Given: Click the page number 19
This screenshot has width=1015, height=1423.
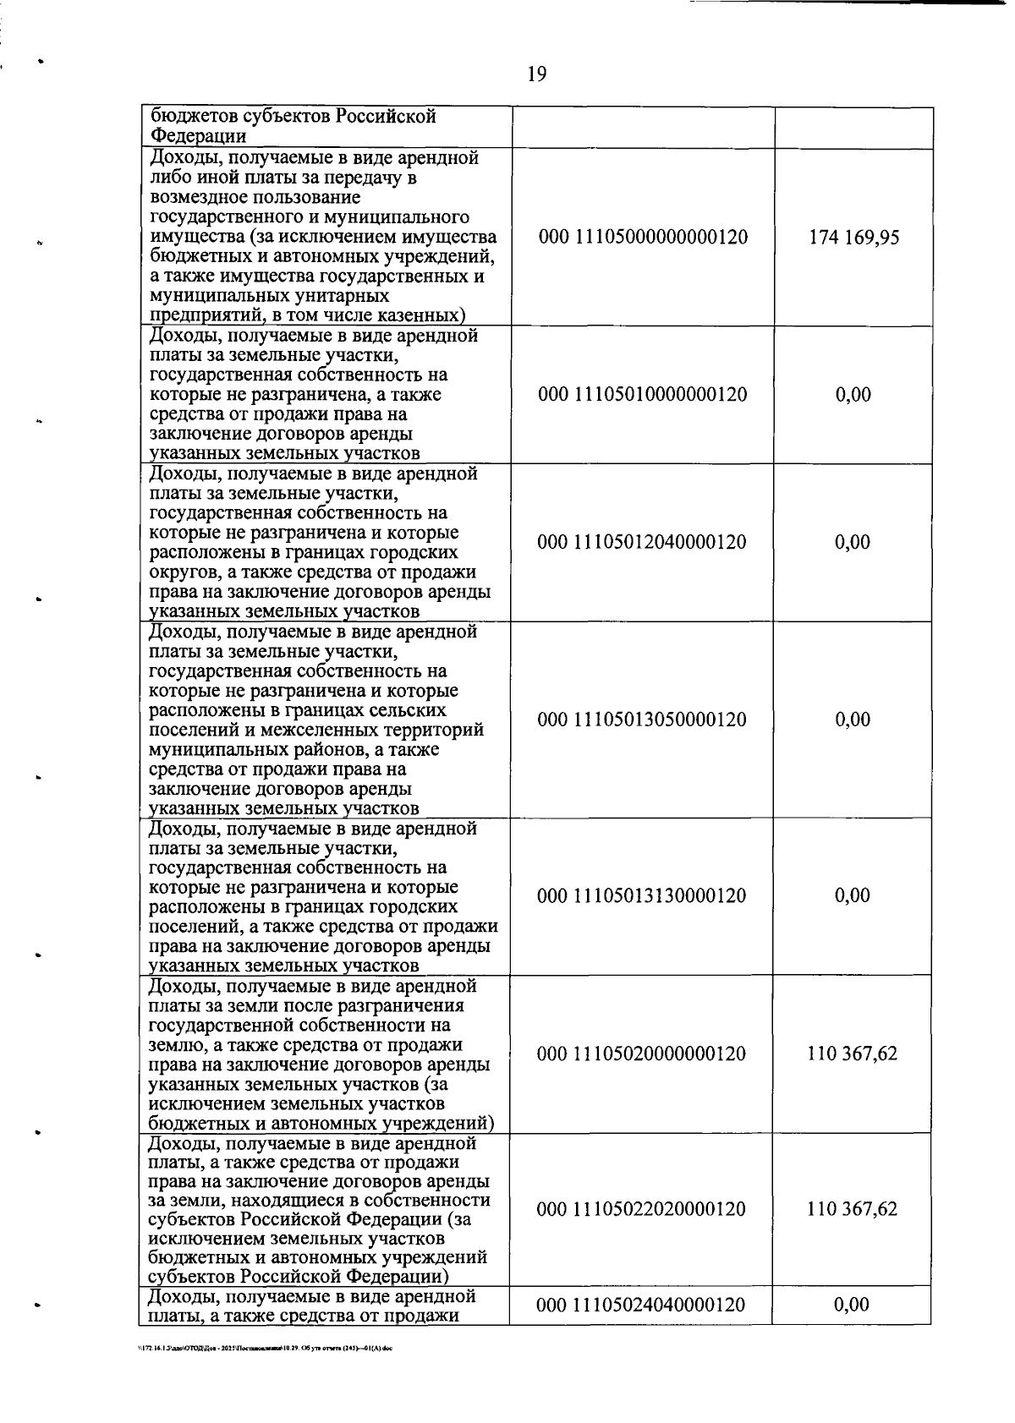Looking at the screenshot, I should (x=536, y=74).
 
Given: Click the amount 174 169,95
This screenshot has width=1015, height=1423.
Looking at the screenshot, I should (x=853, y=237).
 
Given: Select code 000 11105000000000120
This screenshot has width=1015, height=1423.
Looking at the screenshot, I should (x=643, y=237).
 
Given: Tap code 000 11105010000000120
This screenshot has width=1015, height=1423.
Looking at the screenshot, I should (x=643, y=394).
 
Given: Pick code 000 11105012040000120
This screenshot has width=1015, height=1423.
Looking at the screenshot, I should (x=643, y=542).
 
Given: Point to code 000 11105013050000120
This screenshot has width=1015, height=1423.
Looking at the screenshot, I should (x=643, y=720).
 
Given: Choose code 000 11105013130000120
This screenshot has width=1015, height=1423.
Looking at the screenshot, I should (x=643, y=895).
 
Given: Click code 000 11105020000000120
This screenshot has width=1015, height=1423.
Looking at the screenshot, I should (x=643, y=1054).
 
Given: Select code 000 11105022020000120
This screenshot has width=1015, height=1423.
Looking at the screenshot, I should (x=643, y=1209).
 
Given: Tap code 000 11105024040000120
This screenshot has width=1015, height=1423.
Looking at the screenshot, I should (x=643, y=1328).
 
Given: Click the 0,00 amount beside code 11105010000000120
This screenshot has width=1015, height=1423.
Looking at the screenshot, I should (x=853, y=394).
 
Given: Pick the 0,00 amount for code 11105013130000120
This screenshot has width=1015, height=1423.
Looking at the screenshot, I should (x=853, y=895).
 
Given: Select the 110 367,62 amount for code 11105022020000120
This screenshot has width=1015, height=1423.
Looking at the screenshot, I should (x=853, y=1209).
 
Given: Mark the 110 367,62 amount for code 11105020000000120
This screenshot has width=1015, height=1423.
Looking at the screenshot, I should (x=853, y=1054).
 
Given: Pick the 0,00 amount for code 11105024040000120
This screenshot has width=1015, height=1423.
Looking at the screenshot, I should (x=852, y=1328).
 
